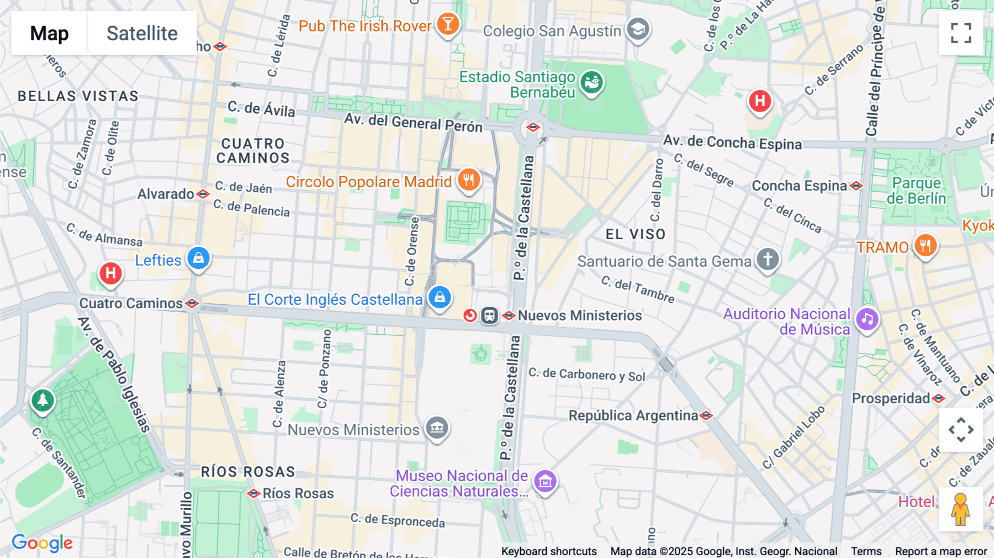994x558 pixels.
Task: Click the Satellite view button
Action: (x=142, y=34)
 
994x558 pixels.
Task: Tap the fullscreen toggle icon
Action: (x=961, y=33)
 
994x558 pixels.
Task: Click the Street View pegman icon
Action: (x=960, y=509)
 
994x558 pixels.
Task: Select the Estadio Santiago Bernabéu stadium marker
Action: (x=591, y=83)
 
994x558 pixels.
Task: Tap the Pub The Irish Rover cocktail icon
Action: (x=448, y=24)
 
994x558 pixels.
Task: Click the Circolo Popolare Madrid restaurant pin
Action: (x=468, y=180)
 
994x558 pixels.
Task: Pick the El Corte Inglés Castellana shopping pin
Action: (x=440, y=297)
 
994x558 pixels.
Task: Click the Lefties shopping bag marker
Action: (x=198, y=258)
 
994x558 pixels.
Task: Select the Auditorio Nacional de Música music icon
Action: (x=867, y=319)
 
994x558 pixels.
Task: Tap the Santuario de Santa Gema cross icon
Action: (x=767, y=259)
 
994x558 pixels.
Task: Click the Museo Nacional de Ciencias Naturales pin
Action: (x=545, y=482)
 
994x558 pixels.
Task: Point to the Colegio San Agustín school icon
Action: (x=638, y=28)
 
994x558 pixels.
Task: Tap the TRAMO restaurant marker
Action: (x=926, y=245)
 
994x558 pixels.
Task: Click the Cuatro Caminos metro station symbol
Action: (x=192, y=303)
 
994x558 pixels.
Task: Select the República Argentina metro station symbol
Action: (x=706, y=415)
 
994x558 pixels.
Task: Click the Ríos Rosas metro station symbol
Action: (x=253, y=493)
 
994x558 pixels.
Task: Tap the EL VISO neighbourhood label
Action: (x=635, y=234)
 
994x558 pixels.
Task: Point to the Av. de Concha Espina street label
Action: (x=732, y=143)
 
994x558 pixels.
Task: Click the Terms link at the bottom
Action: (x=866, y=551)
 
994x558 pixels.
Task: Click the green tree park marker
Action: (x=43, y=400)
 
